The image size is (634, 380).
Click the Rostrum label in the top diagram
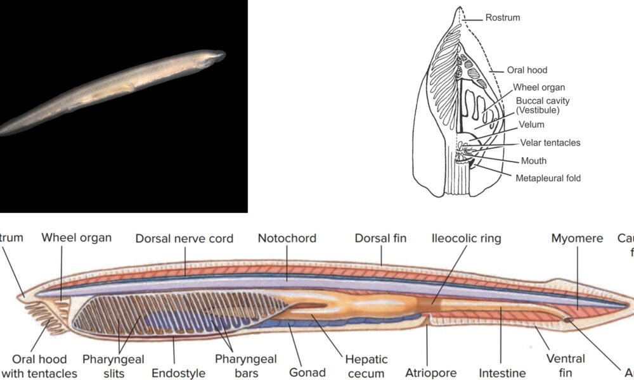click(503, 18)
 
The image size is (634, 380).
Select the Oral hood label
click(527, 70)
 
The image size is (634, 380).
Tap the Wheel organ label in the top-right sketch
click(539, 87)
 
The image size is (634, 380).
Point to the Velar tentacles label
click(550, 142)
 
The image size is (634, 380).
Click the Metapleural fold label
click(548, 178)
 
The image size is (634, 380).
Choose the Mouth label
click(533, 161)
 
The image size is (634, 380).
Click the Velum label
click(531, 125)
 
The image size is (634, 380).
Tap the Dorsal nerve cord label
click(184, 239)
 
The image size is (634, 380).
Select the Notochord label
click(286, 239)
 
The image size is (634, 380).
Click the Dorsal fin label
click(380, 239)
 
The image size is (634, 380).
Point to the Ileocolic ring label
click(466, 239)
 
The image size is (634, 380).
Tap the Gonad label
click(307, 372)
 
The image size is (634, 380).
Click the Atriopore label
click(430, 373)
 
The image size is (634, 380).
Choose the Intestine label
click(502, 373)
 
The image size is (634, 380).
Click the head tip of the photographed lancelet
click(224, 54)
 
